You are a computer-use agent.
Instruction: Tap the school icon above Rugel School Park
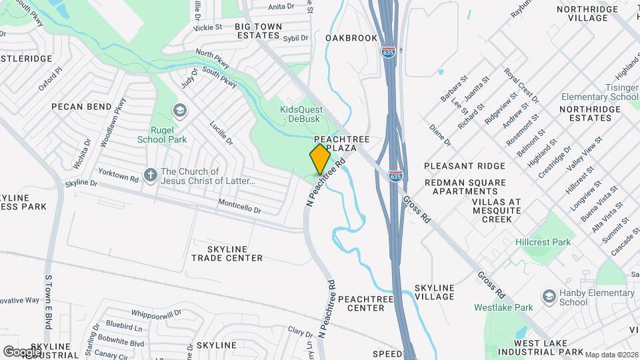click(x=179, y=110)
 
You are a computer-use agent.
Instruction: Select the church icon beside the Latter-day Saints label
click(x=151, y=175)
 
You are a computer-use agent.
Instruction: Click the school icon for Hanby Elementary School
click(x=549, y=296)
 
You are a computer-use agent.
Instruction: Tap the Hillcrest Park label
click(x=543, y=242)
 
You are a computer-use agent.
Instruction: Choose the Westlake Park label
click(x=503, y=307)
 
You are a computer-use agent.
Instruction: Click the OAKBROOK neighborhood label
click(x=351, y=38)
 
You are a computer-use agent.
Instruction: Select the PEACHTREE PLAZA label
click(x=346, y=143)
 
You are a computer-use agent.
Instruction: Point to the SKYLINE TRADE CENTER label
click(x=227, y=253)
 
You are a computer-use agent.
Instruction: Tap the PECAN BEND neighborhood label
click(x=81, y=107)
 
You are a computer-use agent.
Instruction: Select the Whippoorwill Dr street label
click(x=156, y=313)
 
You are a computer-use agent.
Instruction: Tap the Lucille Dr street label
click(x=221, y=133)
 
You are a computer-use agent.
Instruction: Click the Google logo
click(x=22, y=351)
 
